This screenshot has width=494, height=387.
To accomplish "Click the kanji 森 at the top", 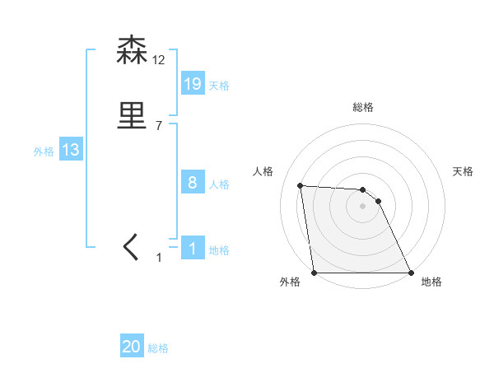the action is point(133,51).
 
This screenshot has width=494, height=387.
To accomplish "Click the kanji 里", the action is point(133,116).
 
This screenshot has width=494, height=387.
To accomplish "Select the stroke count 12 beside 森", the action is point(159,60).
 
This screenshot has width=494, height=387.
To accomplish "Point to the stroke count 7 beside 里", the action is point(159,126).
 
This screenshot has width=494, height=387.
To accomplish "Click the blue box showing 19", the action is point(193,83).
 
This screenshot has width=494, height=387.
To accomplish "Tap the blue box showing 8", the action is point(193,183).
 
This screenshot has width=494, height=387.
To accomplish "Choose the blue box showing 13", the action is point(71,150).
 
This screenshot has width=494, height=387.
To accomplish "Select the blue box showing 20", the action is point(132,347).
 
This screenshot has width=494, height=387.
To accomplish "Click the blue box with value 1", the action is point(193,249).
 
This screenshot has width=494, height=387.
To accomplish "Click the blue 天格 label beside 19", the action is point(219,86).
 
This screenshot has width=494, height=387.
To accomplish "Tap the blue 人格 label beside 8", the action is point(219,185).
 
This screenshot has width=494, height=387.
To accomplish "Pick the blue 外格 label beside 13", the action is point(44,152).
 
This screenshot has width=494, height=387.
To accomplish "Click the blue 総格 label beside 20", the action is point(158,349).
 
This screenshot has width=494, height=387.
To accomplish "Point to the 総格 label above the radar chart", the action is point(363,107).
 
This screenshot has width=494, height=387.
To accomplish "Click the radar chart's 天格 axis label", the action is point(464,171).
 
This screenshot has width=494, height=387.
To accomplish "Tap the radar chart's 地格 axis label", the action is point(431,282).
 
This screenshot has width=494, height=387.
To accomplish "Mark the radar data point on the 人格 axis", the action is point(301,185).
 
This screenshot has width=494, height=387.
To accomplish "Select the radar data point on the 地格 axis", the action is point(411,273).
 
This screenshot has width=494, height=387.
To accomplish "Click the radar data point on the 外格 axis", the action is point(315,273).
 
